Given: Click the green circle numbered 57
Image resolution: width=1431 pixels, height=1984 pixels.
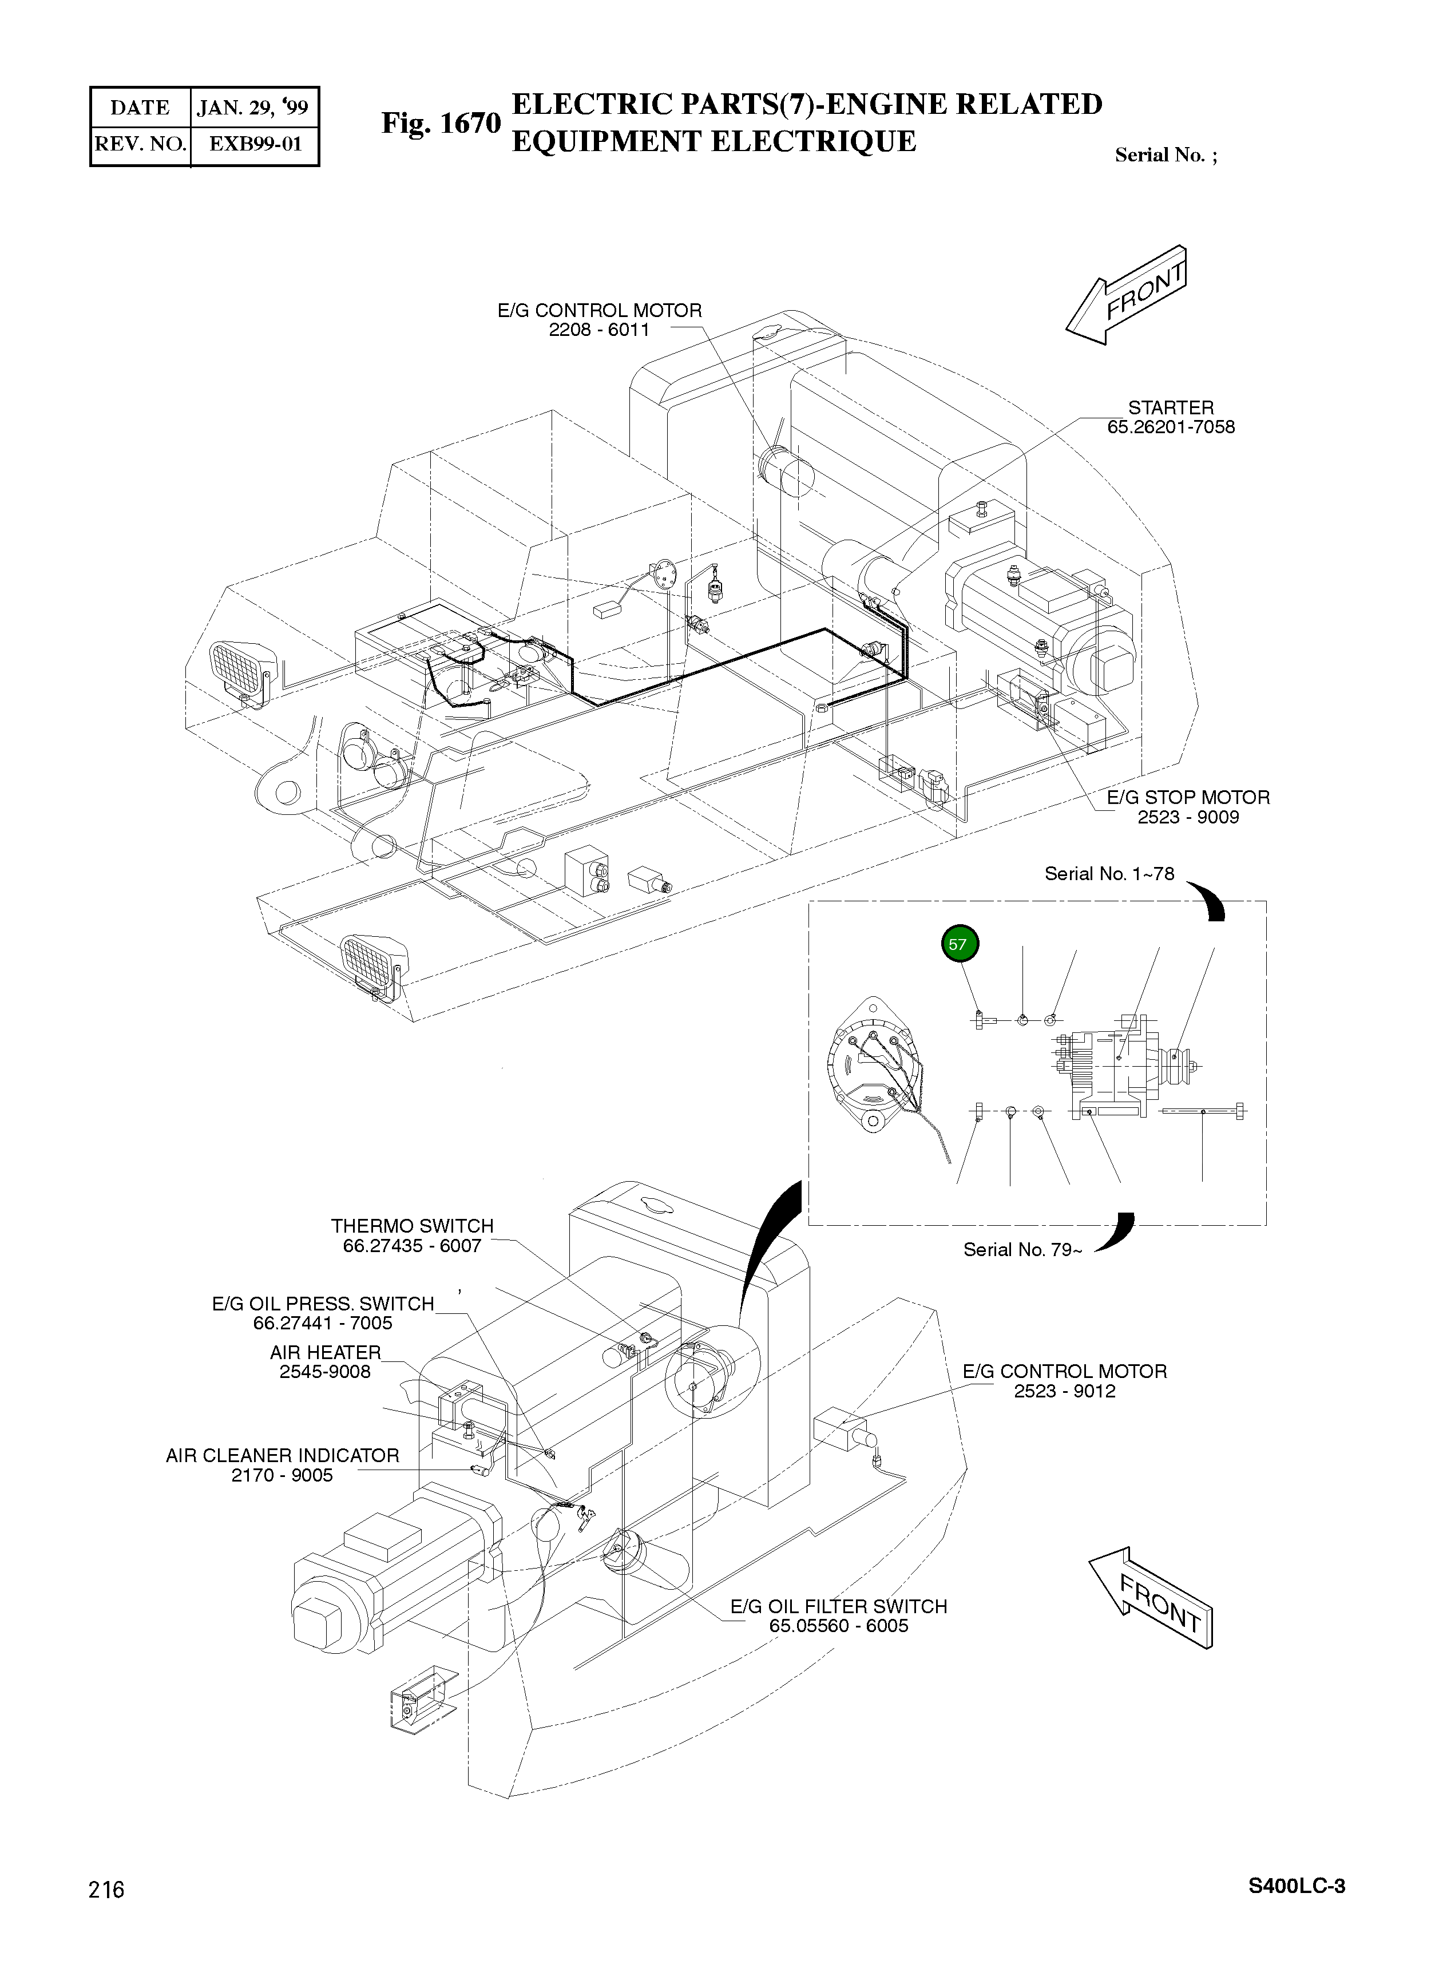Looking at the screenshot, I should pyautogui.click(x=960, y=945).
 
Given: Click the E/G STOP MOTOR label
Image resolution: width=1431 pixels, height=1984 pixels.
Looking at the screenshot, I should pyautogui.click(x=1188, y=798).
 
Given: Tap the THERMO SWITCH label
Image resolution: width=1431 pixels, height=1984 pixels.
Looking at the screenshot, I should pyautogui.click(x=412, y=1226).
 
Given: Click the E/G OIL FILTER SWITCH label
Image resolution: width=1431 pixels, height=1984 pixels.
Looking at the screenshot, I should pyautogui.click(x=838, y=1607).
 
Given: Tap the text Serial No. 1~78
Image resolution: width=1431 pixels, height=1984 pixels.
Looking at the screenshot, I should pyautogui.click(x=1109, y=874).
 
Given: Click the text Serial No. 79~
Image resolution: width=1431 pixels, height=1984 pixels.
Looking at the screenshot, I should pyautogui.click(x=1022, y=1250).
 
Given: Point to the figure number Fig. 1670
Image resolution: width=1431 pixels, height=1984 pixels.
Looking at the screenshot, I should pyautogui.click(x=440, y=124).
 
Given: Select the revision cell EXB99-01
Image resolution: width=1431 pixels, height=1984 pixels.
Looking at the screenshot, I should pyautogui.click(x=255, y=144).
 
